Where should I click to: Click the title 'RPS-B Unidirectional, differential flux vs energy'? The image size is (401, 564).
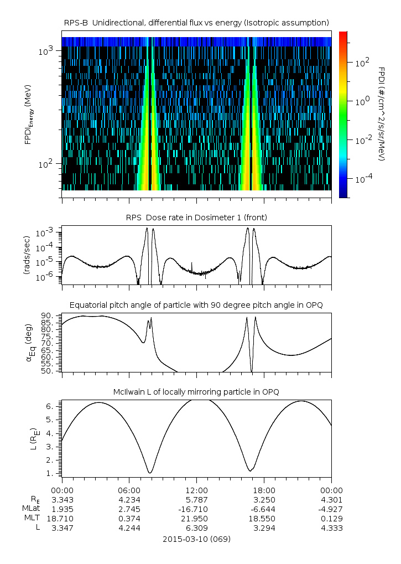click(196, 22)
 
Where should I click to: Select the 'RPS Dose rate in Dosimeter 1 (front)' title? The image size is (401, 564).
click(196, 218)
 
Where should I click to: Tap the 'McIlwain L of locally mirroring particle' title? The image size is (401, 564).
click(196, 392)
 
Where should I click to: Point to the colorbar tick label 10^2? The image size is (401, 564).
click(362, 63)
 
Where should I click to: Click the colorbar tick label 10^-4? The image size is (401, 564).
click(364, 179)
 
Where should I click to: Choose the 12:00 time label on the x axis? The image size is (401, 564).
click(196, 490)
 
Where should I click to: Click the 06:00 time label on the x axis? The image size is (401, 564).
click(129, 490)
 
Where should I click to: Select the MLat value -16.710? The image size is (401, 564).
click(196, 509)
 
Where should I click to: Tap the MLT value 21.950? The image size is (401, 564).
click(196, 518)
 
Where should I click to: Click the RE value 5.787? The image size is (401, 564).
click(196, 499)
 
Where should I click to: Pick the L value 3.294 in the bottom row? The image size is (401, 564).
click(264, 528)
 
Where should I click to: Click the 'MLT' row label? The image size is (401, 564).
click(30, 518)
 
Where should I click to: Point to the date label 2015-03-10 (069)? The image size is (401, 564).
click(196, 539)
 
